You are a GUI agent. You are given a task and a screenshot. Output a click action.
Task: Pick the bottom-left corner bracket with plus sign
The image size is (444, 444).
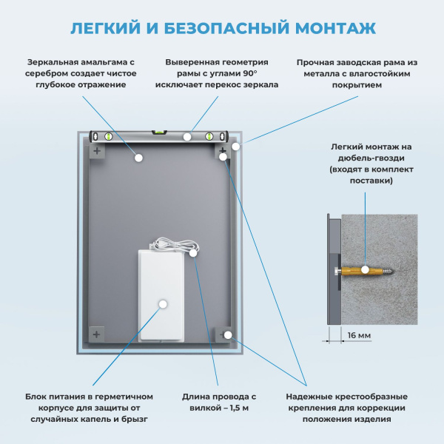pyautogui.click(x=97, y=334)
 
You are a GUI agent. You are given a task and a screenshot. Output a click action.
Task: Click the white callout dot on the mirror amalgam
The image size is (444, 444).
pyautogui.click(x=138, y=157)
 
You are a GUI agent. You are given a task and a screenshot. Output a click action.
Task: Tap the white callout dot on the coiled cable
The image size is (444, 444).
pyautogui.click(x=193, y=253)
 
